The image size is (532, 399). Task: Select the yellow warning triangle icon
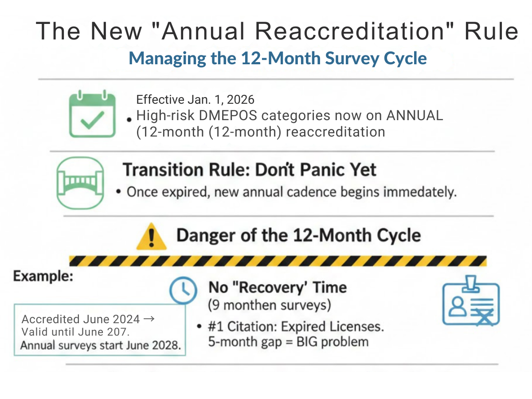[x=151, y=237]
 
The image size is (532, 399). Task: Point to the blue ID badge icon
[x=471, y=301]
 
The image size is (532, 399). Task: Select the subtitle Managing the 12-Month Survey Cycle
[x=278, y=59]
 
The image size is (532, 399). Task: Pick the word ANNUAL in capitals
[x=415, y=116]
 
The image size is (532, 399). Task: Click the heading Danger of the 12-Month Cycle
[x=298, y=235]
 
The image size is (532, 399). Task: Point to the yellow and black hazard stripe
[x=278, y=261]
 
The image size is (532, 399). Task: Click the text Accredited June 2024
[x=81, y=319]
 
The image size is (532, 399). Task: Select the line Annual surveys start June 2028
[x=101, y=346]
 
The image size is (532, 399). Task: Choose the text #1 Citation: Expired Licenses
[x=296, y=327]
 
